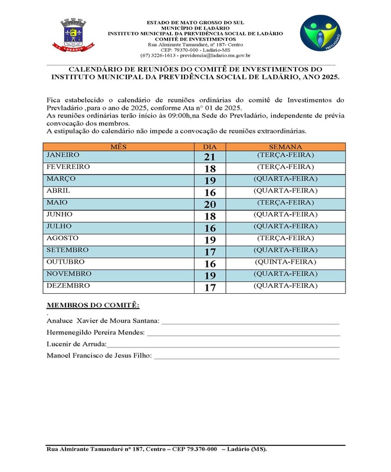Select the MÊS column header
pos(119,146)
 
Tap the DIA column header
pos(210,146)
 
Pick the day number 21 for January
pos(210,157)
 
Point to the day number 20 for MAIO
pos(210,204)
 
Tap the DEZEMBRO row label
pos(68,286)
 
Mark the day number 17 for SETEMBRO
pos(210,251)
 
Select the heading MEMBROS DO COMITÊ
pos(93,305)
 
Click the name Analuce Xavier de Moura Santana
pos(103,320)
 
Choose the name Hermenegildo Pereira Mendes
pos(96,332)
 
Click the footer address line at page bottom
pos(157,449)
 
